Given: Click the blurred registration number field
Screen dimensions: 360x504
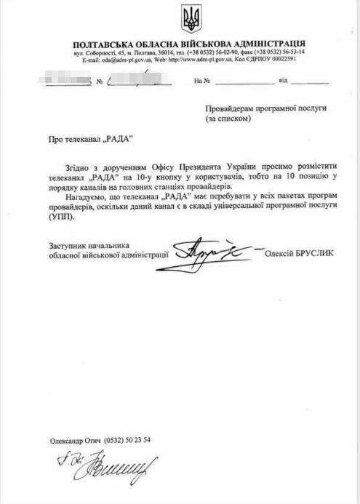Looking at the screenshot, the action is coord(135,82).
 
